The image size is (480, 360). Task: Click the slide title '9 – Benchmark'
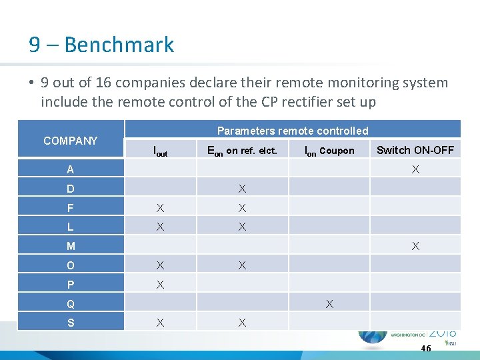pos(101,45)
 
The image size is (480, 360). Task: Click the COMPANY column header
pos(70,141)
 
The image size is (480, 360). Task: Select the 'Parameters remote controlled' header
pos(293,131)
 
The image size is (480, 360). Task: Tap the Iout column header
pos(160,151)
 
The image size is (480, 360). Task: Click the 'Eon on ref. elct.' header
pos(242,151)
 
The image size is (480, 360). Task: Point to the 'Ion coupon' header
pos(329,151)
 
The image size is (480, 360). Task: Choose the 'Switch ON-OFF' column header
pos(415,150)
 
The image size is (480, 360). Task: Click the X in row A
pos(415,169)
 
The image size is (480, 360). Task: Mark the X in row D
pos(242,189)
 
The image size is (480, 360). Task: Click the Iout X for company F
pos(160,208)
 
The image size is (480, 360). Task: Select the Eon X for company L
pos(242,227)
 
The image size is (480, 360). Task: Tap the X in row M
pos(415,246)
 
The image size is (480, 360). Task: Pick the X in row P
pos(160,285)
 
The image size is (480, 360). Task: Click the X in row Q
pos(329,304)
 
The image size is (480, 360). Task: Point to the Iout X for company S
pos(160,323)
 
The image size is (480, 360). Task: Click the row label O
pos(71,266)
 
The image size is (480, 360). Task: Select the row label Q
pos(71,305)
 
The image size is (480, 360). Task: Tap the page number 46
pos(426,348)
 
